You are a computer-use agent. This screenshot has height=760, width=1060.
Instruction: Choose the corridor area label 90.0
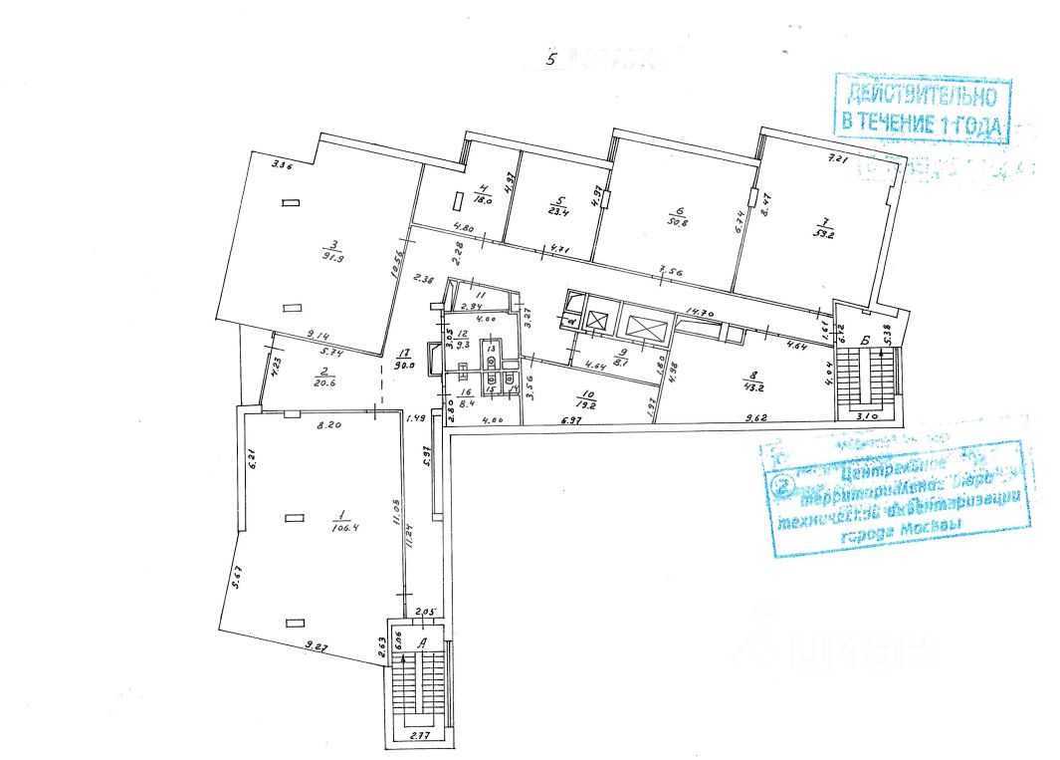tap(405, 365)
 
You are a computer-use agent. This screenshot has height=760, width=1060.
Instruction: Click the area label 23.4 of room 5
tap(556, 210)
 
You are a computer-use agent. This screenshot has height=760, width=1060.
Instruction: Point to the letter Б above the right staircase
tap(866, 343)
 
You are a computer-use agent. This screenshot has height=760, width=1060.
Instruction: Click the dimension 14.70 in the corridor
tap(702, 312)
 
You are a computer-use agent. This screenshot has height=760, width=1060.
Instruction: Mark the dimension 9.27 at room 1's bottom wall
tap(317, 648)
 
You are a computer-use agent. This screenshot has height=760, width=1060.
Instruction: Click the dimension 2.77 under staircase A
tap(417, 733)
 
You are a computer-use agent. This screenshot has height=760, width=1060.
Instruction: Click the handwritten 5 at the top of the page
tap(553, 58)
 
